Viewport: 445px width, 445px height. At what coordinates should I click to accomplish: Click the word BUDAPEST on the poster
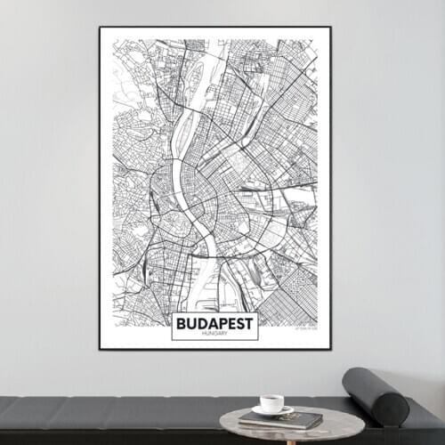click(x=214, y=322)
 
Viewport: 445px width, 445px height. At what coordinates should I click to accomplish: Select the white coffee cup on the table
click(x=271, y=403)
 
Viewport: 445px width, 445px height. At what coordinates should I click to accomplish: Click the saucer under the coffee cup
click(x=272, y=410)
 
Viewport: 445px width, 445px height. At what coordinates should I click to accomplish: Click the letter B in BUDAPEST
click(x=182, y=322)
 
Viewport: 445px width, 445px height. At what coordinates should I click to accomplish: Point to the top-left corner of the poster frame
click(x=100, y=28)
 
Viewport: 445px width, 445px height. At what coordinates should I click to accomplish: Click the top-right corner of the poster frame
click(x=331, y=28)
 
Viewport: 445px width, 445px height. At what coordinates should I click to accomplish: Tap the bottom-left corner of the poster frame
click(x=100, y=349)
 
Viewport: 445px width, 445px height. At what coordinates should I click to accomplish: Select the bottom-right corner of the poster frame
click(x=331, y=349)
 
